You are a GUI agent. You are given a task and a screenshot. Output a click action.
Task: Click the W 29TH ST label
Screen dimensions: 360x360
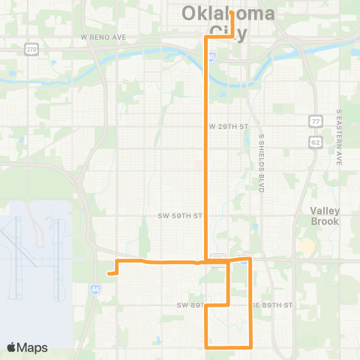pos(228,127)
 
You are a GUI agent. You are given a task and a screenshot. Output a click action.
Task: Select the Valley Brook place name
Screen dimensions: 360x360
pos(325,216)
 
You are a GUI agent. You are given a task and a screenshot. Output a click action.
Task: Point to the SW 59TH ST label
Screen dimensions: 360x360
pos(181,215)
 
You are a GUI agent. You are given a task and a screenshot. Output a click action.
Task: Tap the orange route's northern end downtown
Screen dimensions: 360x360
pos(231,13)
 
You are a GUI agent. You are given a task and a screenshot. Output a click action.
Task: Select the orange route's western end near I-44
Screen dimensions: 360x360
pos(109,274)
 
